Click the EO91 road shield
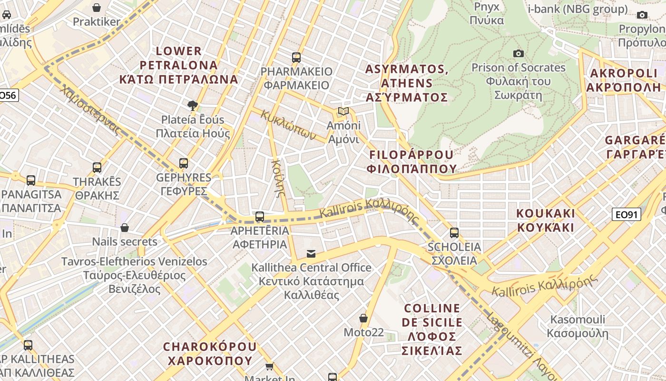pos(626,215)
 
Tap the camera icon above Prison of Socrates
pos(518,53)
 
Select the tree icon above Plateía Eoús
pos(192,105)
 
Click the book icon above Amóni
pos(343,111)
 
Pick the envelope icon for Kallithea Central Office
pos(311,254)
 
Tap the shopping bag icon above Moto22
pos(363,318)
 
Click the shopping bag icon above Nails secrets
pos(125,228)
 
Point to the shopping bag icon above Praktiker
pos(97,8)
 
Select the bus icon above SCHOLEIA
pos(454,233)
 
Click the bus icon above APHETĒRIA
pos(260,217)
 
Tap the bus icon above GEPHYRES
pos(184,163)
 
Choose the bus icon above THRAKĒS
pos(97,168)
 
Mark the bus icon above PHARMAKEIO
pos(296,58)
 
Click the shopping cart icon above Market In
pos(270,366)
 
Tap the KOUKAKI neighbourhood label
pos(546,220)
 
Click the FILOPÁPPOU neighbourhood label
pos(411,162)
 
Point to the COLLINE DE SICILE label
pos(432,330)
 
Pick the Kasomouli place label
pos(578,326)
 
